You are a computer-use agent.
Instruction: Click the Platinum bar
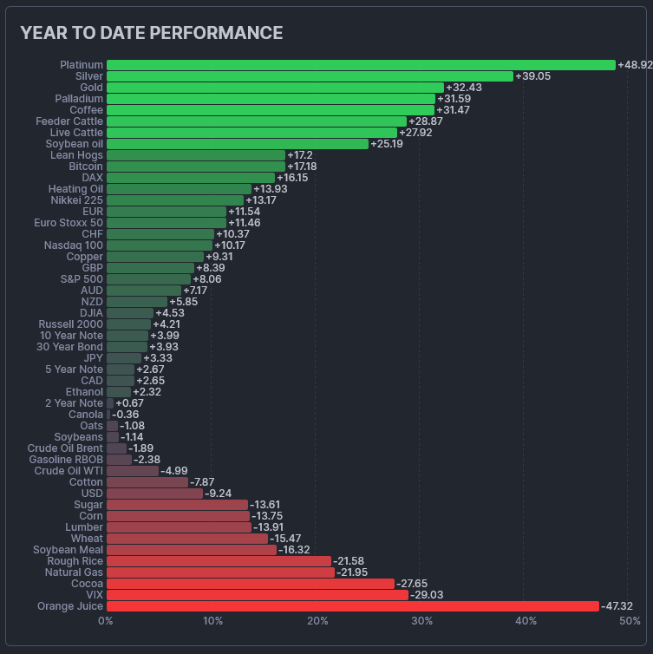coord(360,65)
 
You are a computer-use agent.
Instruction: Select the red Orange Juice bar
coord(352,606)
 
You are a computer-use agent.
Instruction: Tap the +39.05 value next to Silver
coord(533,76)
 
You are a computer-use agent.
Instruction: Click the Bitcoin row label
coord(86,167)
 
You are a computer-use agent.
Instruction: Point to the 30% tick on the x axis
coord(421,621)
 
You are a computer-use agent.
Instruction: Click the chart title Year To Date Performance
coord(151,33)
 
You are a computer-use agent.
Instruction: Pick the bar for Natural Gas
coord(220,572)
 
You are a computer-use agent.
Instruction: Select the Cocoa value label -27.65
coord(412,584)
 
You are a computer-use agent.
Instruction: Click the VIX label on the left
coord(93,595)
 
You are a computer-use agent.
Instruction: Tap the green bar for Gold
coord(275,88)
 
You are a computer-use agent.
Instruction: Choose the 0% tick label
coord(106,621)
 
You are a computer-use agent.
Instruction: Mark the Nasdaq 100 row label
coord(74,245)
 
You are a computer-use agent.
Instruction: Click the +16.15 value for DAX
coord(292,178)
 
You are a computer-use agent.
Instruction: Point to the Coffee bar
coord(271,110)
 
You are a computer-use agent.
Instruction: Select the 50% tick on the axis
coord(630,621)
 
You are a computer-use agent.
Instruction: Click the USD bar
coord(154,494)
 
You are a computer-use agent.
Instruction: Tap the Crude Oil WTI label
coord(69,471)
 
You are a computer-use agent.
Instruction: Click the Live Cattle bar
coord(251,133)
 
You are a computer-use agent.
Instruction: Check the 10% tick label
coord(212,621)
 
